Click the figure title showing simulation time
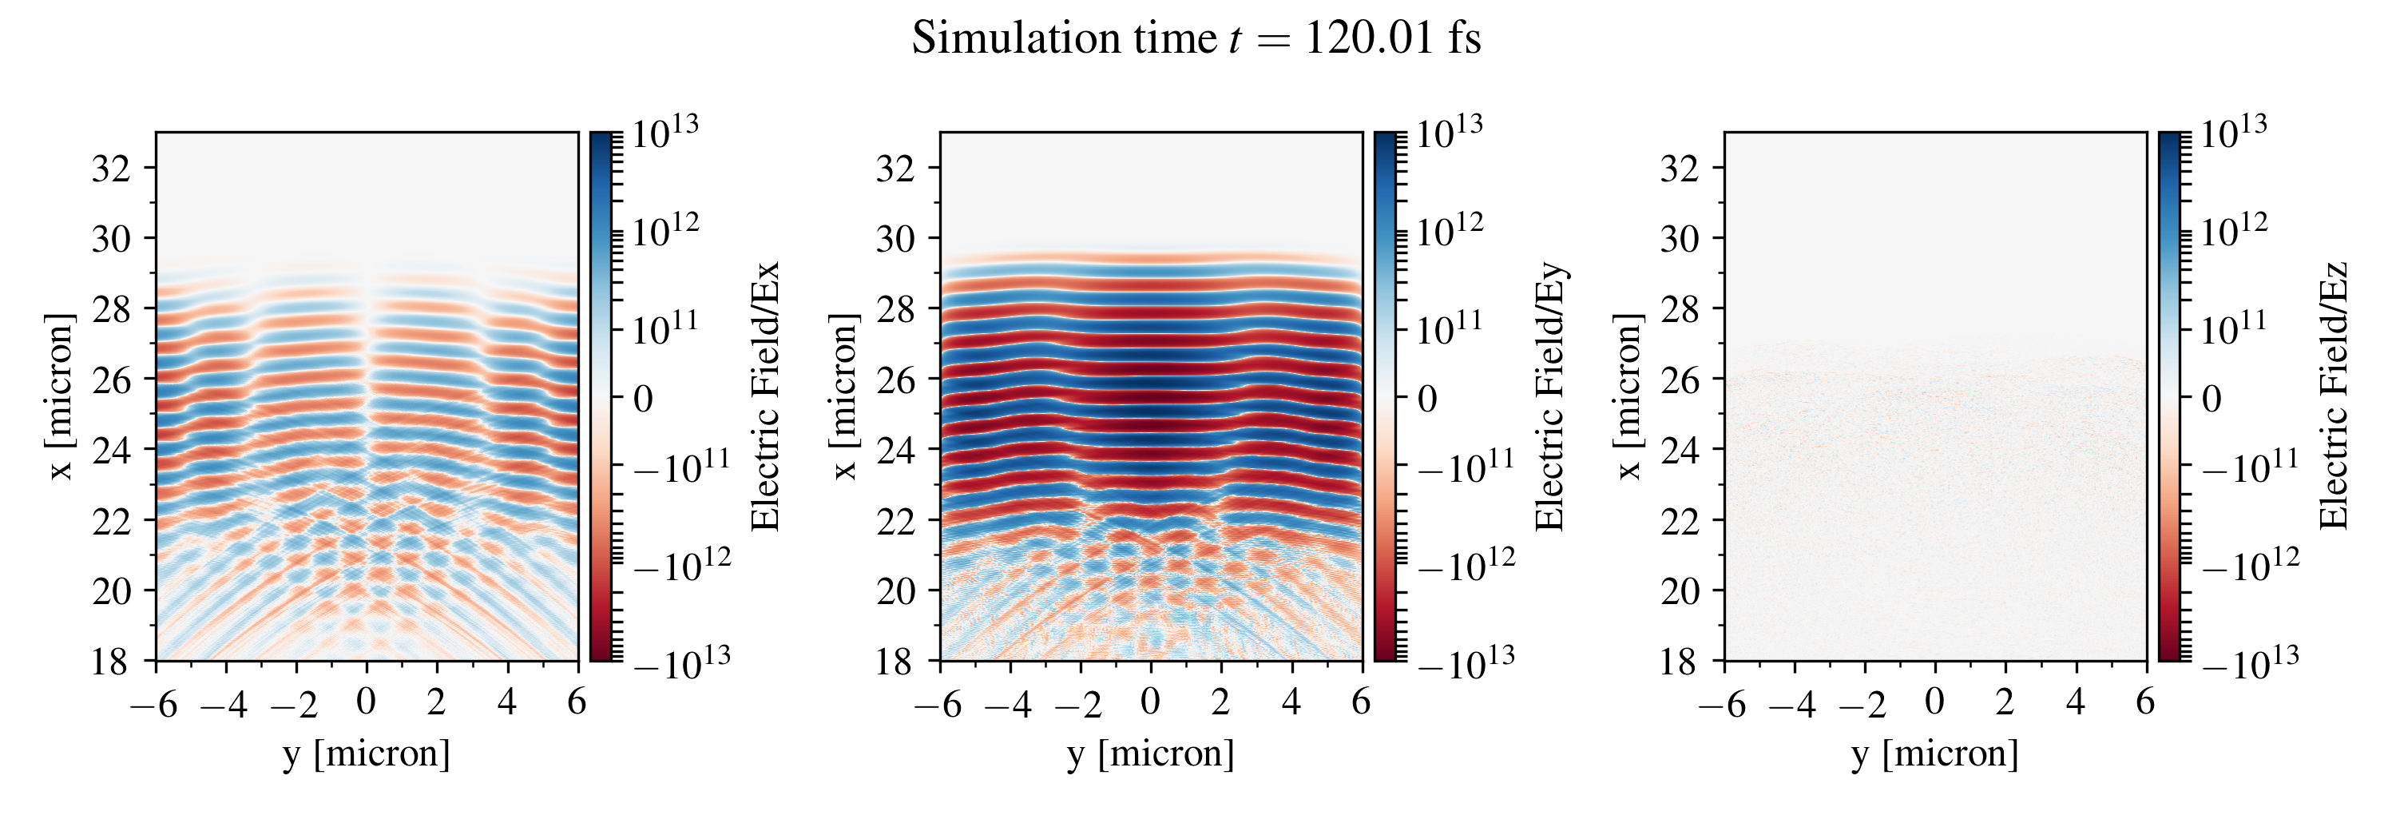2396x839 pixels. tap(1196, 39)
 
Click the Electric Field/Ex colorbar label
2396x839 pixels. tap(765, 397)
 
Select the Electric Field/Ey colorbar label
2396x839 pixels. tap(1549, 397)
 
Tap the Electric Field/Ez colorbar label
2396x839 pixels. tap(2334, 397)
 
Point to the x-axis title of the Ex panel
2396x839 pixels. tap(367, 753)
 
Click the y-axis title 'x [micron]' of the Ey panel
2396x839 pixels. tap(843, 397)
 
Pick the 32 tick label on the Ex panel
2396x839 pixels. tap(111, 169)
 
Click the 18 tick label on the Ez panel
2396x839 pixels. tap(1680, 662)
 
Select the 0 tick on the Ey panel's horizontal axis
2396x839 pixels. tap(1151, 702)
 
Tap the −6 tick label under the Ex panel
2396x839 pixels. tap(154, 703)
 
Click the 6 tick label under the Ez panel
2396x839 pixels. tap(2146, 702)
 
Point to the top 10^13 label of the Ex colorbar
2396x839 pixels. tap(665, 131)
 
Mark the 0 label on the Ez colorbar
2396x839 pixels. tap(2212, 399)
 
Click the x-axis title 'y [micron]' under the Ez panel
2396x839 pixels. tap(1934, 753)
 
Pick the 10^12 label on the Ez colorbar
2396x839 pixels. tap(2233, 229)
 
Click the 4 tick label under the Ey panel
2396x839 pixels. tap(1291, 702)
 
